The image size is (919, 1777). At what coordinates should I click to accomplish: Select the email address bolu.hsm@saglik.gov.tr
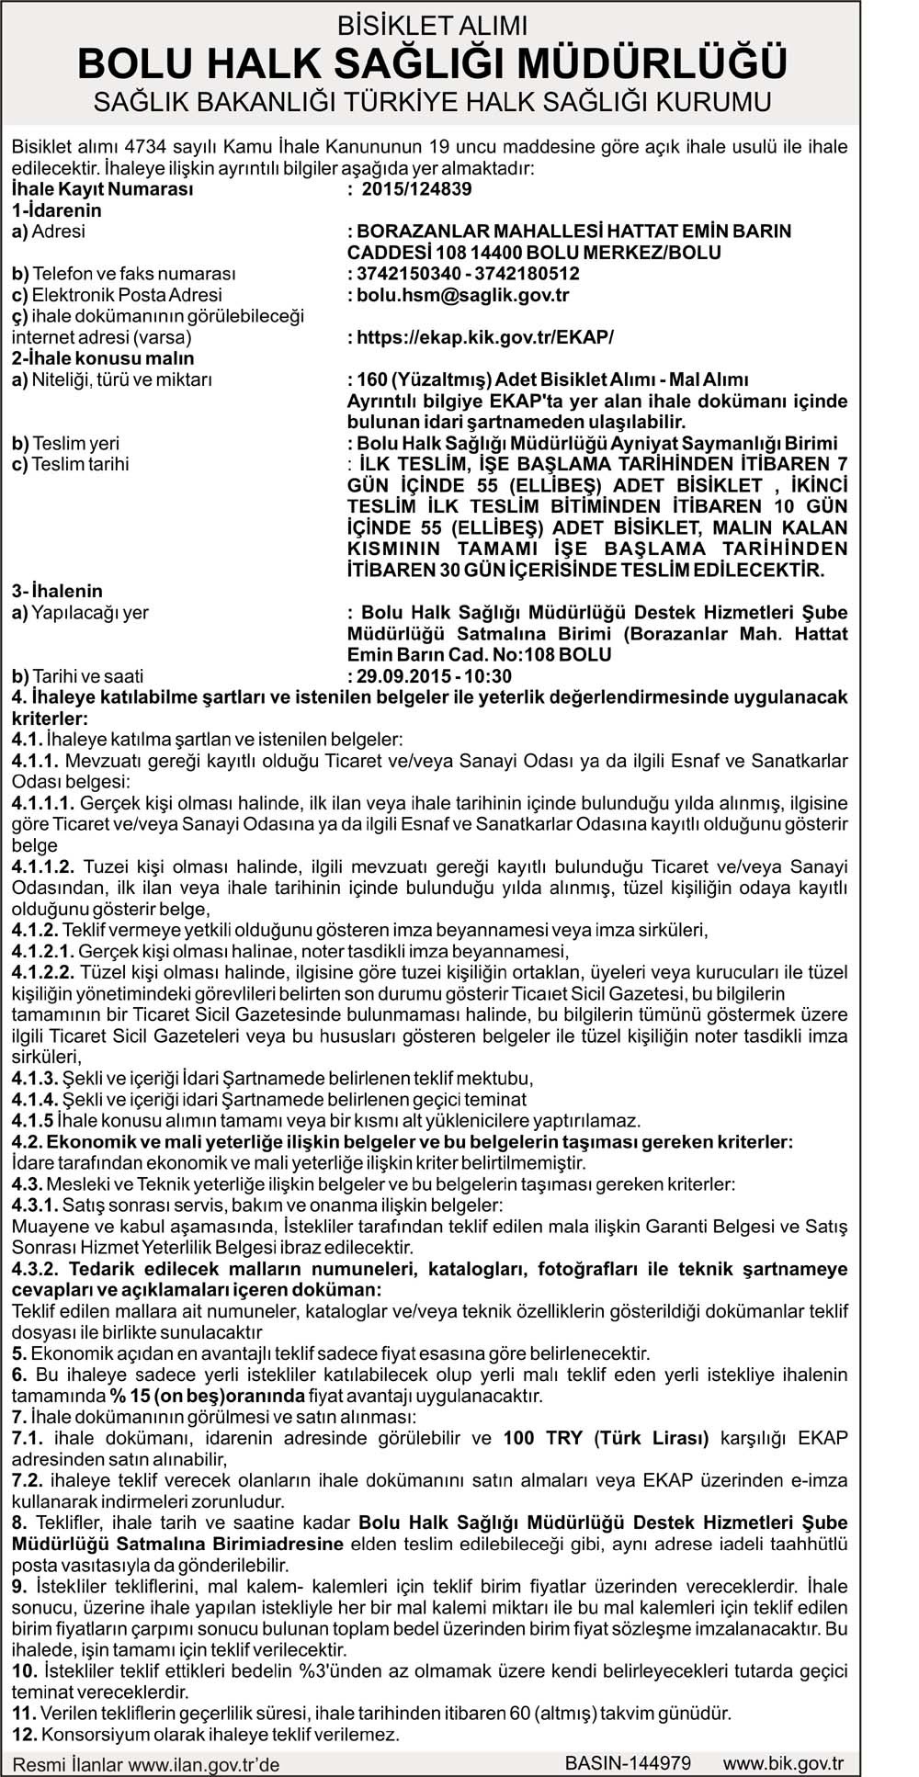463,295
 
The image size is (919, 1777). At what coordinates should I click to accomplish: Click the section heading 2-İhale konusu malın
103,358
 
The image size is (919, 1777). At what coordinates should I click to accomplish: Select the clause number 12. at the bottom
24,1735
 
